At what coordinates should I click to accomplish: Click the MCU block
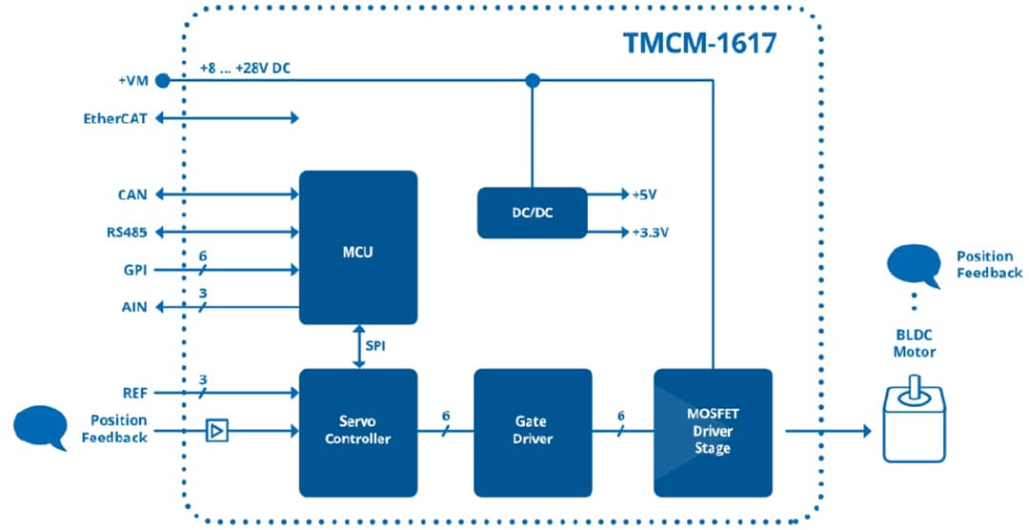tap(358, 248)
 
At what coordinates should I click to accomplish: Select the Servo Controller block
tap(358, 430)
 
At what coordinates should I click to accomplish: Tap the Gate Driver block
tap(532, 430)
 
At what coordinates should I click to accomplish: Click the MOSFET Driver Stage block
tap(712, 431)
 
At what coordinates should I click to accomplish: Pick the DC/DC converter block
tap(531, 213)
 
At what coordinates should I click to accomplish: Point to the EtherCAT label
tap(115, 119)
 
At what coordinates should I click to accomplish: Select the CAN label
tap(132, 194)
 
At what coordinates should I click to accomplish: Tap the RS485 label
tap(127, 232)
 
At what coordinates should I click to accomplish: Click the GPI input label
tap(134, 271)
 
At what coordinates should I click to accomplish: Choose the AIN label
tap(133, 307)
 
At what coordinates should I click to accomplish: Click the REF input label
tap(133, 392)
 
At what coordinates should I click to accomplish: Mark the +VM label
tap(132, 82)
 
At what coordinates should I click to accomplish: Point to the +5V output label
tap(645, 194)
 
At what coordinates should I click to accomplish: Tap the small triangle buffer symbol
tap(217, 432)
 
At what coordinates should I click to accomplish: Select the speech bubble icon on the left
tap(41, 426)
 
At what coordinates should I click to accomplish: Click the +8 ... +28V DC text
tap(245, 70)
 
